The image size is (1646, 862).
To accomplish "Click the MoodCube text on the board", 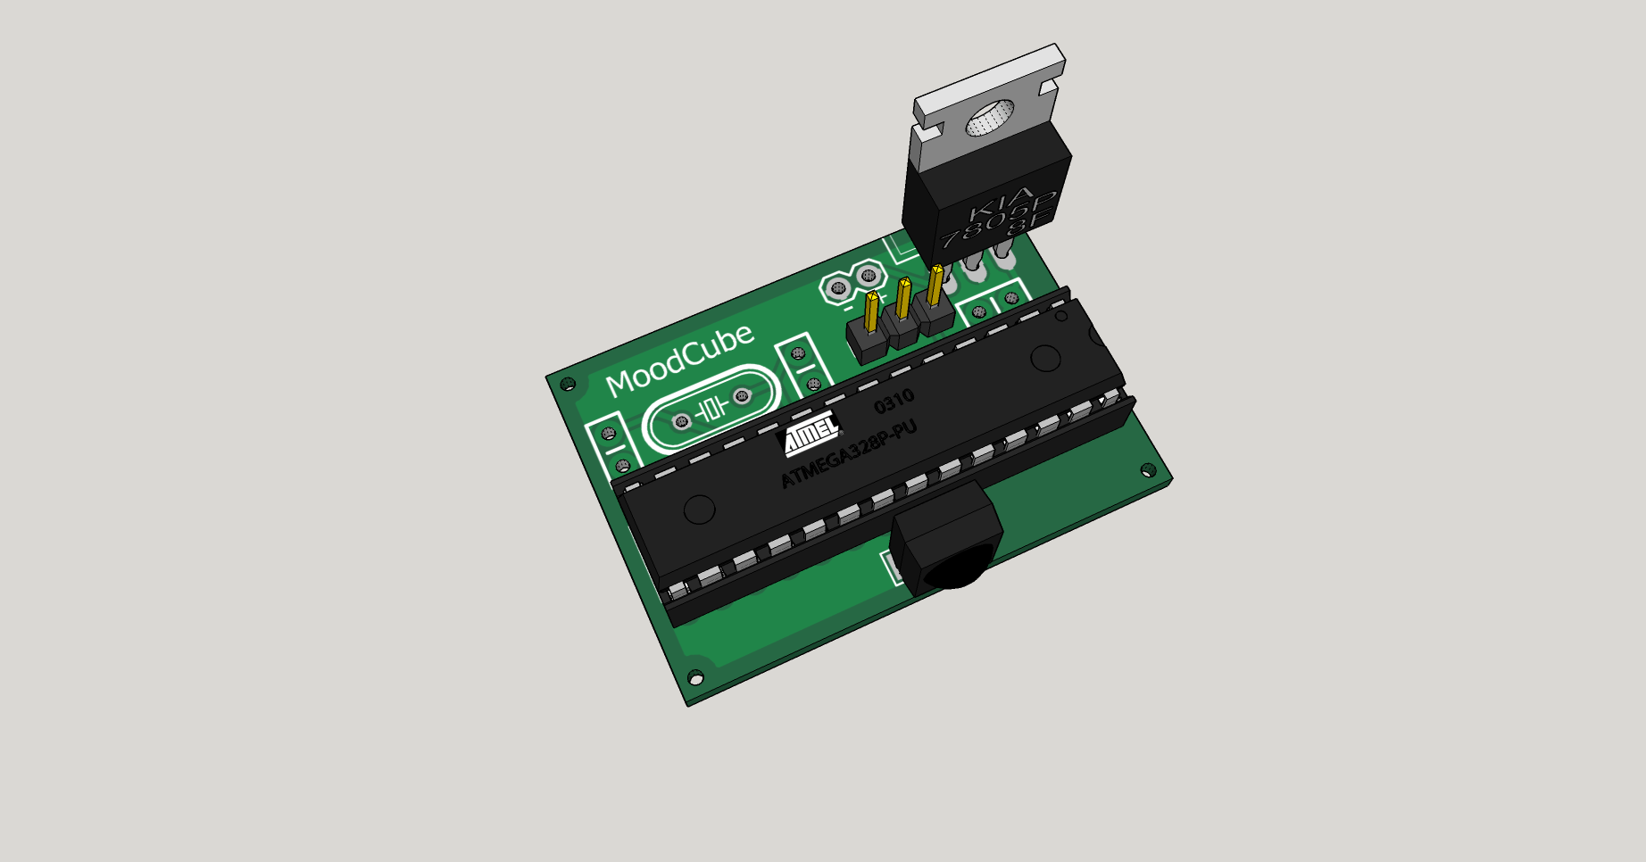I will (x=679, y=359).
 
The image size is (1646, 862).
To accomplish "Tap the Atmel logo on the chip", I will (x=811, y=435).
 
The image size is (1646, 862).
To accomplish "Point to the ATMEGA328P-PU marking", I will (x=849, y=454).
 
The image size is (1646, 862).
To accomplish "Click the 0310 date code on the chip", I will (x=894, y=402).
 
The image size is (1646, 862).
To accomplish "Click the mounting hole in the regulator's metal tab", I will (x=990, y=119).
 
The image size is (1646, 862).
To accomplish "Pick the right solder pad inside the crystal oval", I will (x=742, y=396).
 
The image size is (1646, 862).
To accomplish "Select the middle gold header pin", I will (x=903, y=298).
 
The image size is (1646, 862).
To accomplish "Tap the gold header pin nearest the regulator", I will (x=935, y=285).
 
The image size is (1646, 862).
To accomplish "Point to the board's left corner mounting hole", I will (x=568, y=385).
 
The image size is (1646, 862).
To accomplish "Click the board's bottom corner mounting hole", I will (x=695, y=679).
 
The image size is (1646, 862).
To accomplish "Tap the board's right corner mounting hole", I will (x=1149, y=470).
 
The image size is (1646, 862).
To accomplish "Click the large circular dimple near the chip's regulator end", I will (x=1045, y=358).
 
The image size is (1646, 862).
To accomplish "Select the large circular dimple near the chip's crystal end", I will (x=699, y=510).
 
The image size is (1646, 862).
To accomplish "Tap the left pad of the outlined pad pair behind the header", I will (x=838, y=288).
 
